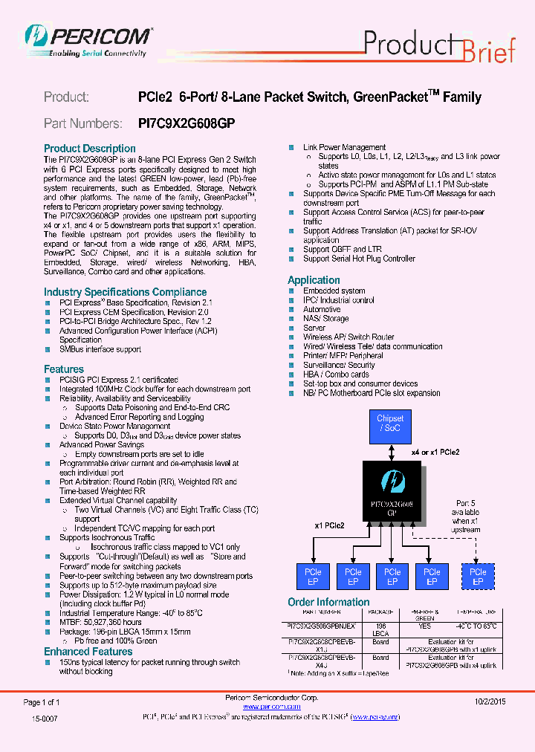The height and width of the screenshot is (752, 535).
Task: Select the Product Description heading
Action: pyautogui.click(x=89, y=149)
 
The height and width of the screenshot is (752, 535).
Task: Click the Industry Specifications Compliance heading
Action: pyautogui.click(x=125, y=292)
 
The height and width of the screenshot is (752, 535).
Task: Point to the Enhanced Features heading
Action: pyautogui.click(x=88, y=652)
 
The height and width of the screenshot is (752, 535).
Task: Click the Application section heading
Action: pyautogui.click(x=314, y=280)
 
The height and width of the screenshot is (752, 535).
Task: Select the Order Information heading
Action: pyautogui.click(x=328, y=602)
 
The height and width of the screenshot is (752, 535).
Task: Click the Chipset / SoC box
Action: pyautogui.click(x=390, y=424)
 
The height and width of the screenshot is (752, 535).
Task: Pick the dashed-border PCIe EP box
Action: pyautogui.click(x=478, y=577)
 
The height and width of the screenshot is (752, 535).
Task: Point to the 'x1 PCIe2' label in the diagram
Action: pyautogui.click(x=329, y=525)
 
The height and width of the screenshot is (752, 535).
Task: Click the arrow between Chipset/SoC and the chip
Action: pyautogui.click(x=391, y=450)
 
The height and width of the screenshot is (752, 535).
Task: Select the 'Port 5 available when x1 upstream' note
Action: pyautogui.click(x=466, y=516)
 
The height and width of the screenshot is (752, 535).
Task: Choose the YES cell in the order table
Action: pyautogui.click(x=424, y=626)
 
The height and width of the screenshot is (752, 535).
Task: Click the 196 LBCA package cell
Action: pyautogui.click(x=380, y=630)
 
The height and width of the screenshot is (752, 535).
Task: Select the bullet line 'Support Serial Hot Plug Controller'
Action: pyautogui.click(x=359, y=259)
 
